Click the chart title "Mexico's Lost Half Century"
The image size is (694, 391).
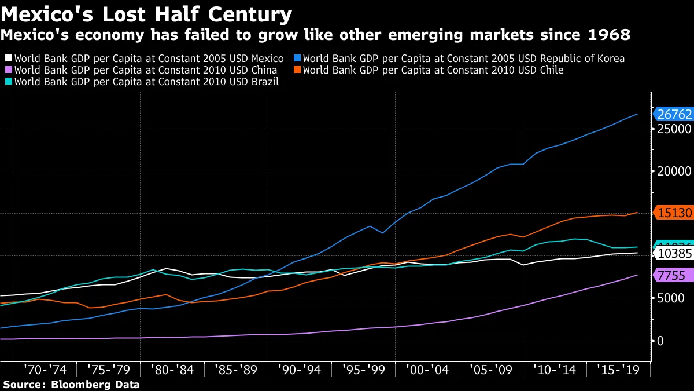point(146,14)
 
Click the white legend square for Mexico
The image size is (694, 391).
point(8,59)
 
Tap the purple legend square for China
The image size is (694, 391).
point(8,70)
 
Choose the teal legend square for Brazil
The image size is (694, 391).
point(8,82)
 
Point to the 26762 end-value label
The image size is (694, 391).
point(673,114)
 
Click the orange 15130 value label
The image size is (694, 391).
point(673,213)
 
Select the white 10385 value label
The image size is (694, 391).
point(673,253)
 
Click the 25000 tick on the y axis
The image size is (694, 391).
point(674,129)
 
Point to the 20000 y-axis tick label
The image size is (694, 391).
point(674,171)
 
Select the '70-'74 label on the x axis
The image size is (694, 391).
point(45,370)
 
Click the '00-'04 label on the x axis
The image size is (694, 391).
point(427,370)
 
